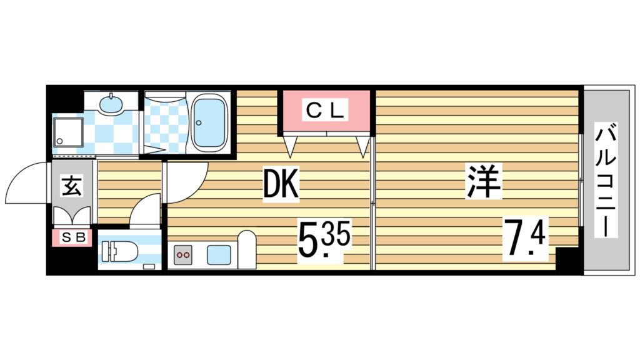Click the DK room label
[x=280, y=184]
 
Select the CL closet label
[x=325, y=111]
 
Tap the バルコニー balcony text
[x=605, y=181]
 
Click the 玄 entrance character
[x=71, y=186]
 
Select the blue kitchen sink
[x=220, y=255]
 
